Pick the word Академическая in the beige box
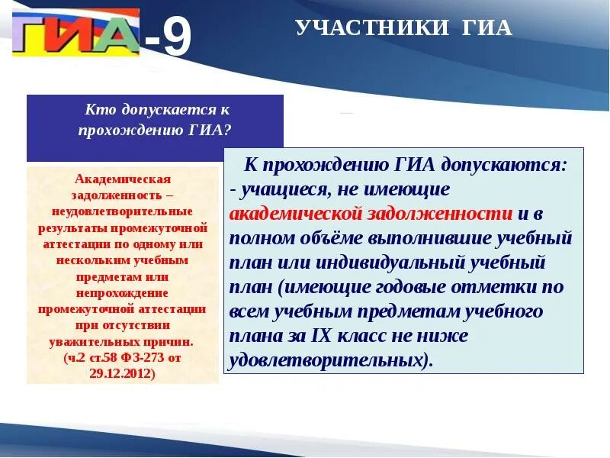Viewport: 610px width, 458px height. click(x=122, y=179)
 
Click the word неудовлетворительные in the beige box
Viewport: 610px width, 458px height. click(x=122, y=211)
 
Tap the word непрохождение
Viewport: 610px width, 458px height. click(x=122, y=292)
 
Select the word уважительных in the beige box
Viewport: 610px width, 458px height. click(x=95, y=342)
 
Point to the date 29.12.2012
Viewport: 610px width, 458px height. click(x=122, y=374)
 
